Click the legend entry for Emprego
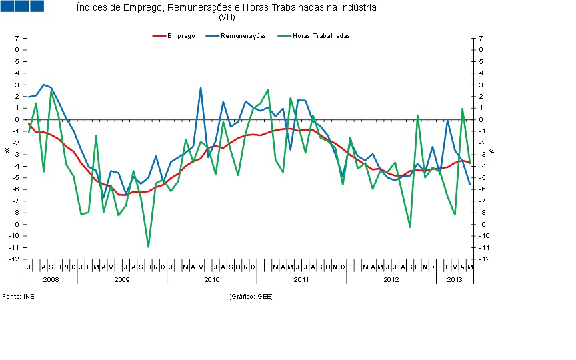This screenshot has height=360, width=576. pos(181,36)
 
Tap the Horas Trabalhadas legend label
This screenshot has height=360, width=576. pos(321,36)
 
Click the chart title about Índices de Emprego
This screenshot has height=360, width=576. pos(227,8)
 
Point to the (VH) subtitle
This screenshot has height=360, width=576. pos(227,17)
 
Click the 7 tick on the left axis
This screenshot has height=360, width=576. pos(16,39)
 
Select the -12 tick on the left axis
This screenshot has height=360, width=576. pos(14,259)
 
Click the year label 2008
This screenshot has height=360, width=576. pos(51,279)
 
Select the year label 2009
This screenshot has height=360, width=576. pos(121,279)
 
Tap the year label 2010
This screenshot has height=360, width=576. pos(212,279)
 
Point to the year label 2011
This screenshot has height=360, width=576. pos(301,279)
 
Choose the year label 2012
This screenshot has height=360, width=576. pos(391,279)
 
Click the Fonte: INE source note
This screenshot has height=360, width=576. pos(18,296)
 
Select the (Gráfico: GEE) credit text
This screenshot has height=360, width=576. pos(251,296)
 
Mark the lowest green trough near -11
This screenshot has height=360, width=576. pos(148,247)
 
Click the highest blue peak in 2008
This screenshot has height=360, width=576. pos(43,85)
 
